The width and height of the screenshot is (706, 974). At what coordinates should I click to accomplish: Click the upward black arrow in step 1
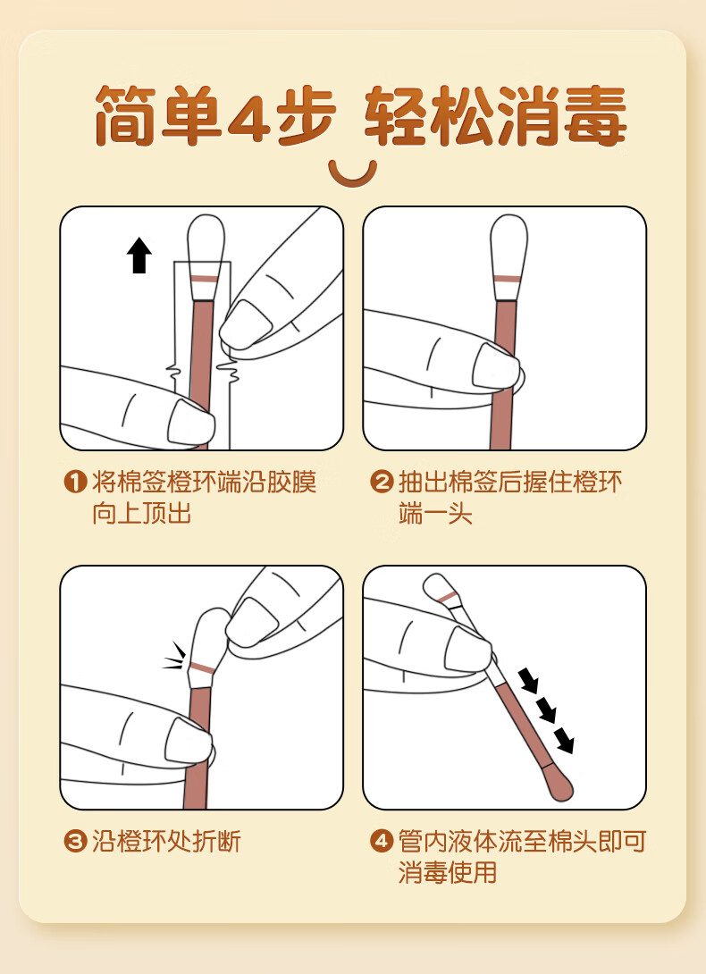click(139, 255)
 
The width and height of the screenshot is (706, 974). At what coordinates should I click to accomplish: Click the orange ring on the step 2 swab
click(508, 279)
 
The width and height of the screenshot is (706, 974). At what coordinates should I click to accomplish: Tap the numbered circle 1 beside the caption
click(75, 482)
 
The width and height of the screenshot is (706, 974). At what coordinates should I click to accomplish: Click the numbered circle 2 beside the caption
click(382, 482)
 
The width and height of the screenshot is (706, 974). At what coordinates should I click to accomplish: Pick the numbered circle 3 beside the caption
click(75, 842)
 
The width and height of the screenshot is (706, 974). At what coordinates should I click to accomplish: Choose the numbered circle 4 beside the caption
click(382, 842)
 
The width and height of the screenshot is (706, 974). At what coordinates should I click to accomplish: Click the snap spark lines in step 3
click(174, 657)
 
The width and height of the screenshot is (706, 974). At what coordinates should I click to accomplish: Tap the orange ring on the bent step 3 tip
click(203, 668)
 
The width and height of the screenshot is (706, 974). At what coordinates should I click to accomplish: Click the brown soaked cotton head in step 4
click(559, 784)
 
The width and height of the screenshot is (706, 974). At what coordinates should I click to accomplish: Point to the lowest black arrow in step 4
click(564, 741)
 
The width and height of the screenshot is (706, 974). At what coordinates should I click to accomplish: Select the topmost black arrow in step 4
click(529, 680)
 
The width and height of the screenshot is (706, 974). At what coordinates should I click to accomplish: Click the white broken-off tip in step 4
click(445, 592)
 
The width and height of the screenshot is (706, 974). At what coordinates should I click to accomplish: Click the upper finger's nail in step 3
click(252, 622)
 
